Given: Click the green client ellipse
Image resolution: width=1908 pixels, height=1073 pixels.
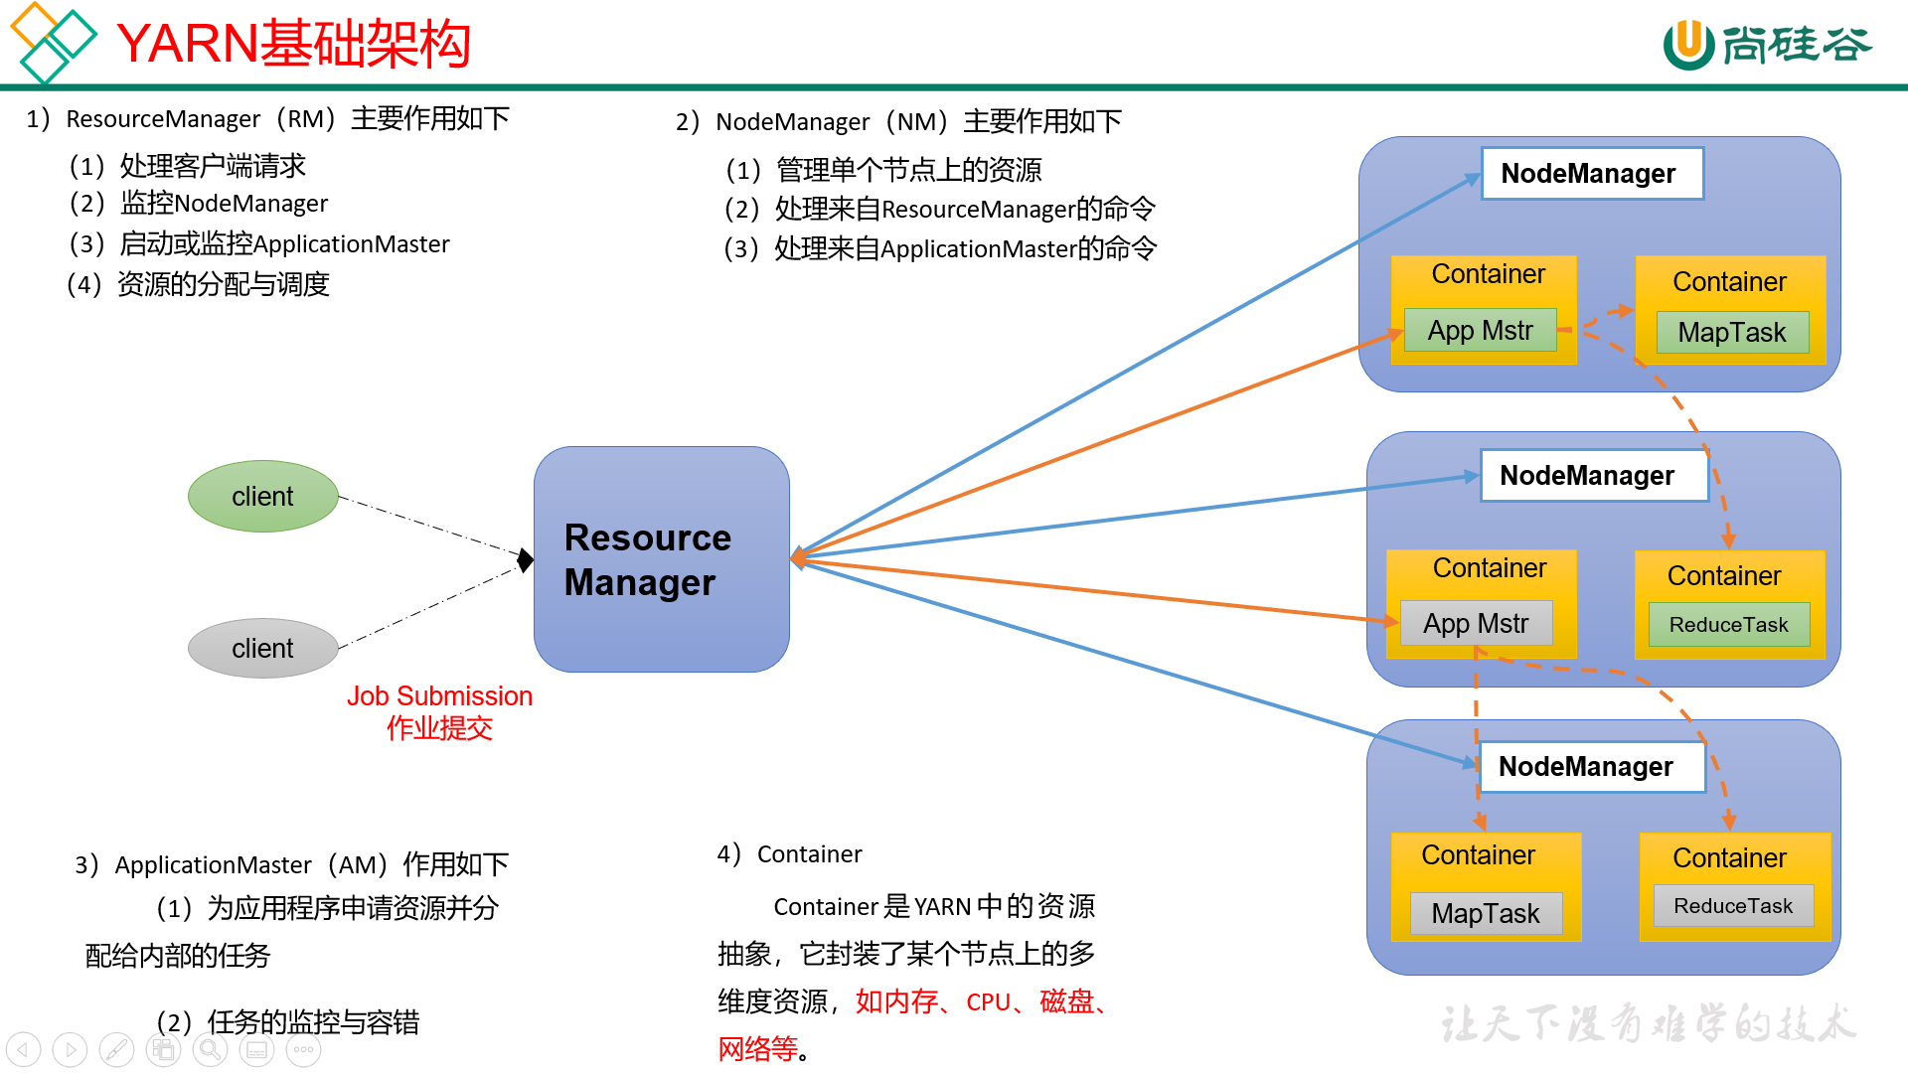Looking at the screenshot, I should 262,496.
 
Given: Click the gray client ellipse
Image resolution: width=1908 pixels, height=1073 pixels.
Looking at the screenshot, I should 262,648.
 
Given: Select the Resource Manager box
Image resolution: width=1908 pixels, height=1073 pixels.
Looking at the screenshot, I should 661,559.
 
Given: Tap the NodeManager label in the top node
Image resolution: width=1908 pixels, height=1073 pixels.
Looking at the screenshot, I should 1591,174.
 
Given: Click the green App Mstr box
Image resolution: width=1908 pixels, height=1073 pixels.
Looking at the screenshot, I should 1480,330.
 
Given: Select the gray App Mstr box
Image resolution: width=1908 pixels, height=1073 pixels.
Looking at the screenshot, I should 1476,624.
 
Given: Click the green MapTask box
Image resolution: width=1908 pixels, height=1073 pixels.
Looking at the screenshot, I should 1732,332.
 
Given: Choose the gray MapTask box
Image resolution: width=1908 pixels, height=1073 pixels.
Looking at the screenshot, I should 1486,913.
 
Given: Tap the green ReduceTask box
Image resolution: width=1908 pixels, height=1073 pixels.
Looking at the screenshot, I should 1728,625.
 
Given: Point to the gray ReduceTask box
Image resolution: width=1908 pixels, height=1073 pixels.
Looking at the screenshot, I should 1733,906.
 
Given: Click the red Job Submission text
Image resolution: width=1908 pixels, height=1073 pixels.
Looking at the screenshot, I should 439,695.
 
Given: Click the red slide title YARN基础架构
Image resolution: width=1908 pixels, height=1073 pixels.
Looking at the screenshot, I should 293,45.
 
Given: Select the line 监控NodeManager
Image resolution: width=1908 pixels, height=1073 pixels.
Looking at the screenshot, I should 224,204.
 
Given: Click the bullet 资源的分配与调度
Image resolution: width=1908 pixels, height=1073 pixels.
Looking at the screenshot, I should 223,285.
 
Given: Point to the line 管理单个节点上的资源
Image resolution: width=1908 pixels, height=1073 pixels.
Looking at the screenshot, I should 908,170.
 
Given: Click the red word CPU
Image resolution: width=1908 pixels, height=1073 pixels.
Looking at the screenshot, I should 988,1002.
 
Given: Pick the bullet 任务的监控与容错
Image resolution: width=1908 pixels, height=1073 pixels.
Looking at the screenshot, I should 312,1022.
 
